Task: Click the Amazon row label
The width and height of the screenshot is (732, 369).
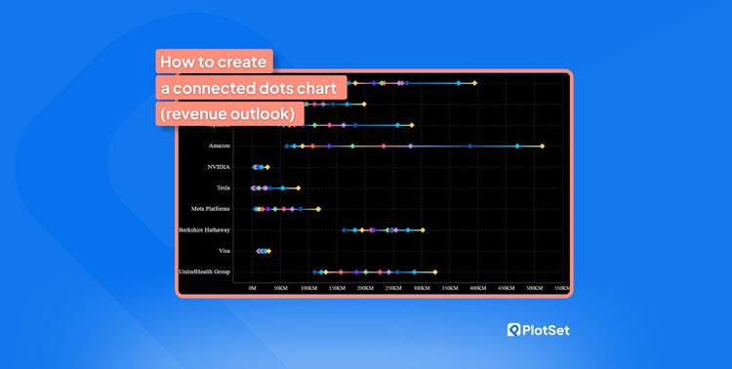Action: pos(220,146)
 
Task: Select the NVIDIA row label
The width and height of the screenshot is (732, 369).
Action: pos(219,167)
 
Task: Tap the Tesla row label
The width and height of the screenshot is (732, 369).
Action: pos(224,187)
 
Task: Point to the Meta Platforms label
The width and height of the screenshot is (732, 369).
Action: pos(211,209)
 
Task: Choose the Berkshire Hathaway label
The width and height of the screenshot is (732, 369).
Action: pos(204,229)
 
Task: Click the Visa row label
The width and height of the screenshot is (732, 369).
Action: pos(224,251)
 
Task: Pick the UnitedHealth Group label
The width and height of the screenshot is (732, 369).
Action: pos(204,271)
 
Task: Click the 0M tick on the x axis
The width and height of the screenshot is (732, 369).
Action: pos(253,288)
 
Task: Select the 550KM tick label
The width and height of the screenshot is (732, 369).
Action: pos(561,288)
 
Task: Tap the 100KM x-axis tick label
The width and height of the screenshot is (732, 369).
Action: pos(308,288)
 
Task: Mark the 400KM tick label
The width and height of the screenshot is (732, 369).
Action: pos(477,288)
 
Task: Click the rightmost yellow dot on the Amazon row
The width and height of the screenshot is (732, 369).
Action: pos(542,146)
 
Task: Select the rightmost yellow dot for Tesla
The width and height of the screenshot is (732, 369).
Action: pos(298,187)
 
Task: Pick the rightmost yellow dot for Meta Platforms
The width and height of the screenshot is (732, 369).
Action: pos(318,209)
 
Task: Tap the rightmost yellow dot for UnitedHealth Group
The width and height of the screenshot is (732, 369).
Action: pos(434,271)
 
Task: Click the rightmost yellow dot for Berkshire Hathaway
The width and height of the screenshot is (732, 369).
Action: pos(423,229)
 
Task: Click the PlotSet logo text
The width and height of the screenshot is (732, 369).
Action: pos(546,330)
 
